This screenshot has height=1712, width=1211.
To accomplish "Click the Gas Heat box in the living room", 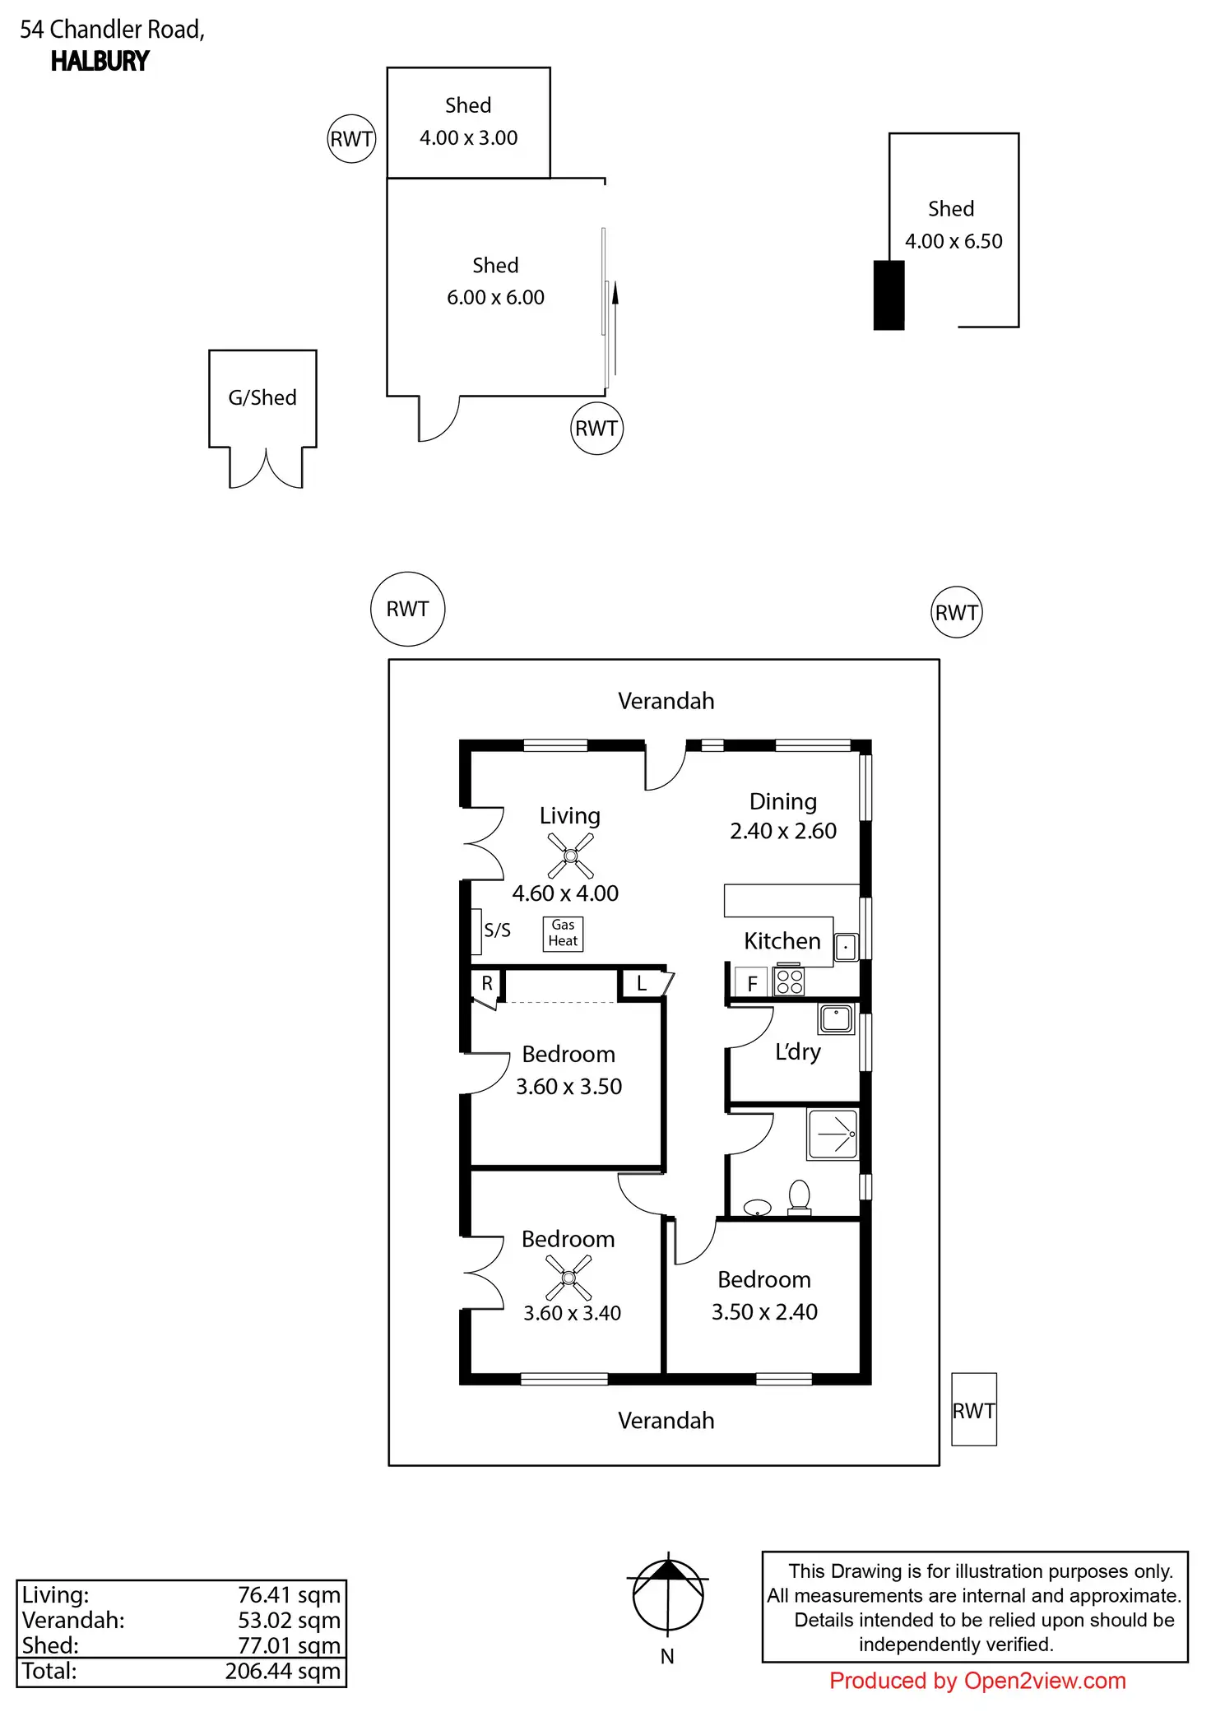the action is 563,934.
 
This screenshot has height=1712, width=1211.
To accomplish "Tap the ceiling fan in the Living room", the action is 570,856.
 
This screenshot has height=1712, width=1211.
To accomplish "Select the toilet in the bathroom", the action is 799,1198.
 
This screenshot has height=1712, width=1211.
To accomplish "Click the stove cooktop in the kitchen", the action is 789,981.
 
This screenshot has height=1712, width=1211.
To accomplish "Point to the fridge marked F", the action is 751,982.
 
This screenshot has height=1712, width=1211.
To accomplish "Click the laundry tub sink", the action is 836,1018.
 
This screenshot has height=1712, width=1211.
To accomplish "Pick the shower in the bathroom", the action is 833,1134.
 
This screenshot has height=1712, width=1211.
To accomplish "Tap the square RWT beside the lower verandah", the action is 974,1409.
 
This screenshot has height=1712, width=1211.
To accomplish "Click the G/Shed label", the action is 262,398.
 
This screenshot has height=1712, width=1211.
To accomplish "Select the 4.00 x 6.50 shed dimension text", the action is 953,241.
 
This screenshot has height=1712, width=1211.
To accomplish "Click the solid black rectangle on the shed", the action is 889,295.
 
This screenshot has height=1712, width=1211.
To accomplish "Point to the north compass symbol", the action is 668,1594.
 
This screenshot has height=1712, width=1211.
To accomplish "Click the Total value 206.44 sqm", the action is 282,1671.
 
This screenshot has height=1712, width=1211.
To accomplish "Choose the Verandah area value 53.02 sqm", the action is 289,1620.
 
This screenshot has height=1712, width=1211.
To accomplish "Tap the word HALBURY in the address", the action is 100,62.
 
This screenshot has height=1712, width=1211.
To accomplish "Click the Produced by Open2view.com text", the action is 977,1681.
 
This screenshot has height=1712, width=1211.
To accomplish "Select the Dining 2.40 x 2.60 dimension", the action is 783,831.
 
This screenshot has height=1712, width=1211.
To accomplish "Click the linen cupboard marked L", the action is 642,984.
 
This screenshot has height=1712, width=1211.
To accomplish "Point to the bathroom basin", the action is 757,1207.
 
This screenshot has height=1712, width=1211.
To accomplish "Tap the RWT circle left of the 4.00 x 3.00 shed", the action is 352,138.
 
